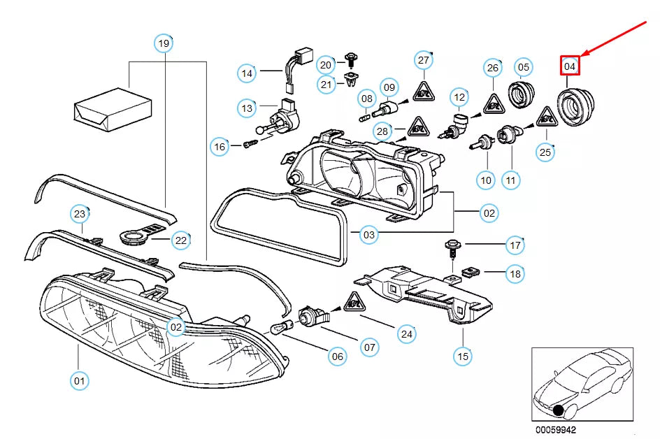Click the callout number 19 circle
(x=163, y=43)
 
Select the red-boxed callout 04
(x=571, y=66)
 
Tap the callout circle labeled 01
(x=79, y=381)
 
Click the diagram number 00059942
(x=557, y=429)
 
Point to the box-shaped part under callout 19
(x=113, y=108)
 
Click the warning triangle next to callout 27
(x=424, y=90)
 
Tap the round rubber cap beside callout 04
(x=573, y=106)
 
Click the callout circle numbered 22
(x=181, y=240)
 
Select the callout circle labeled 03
(x=368, y=235)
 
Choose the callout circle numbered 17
(x=515, y=245)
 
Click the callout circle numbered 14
(x=247, y=73)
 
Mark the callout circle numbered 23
(x=80, y=213)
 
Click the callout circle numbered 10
(x=486, y=180)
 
